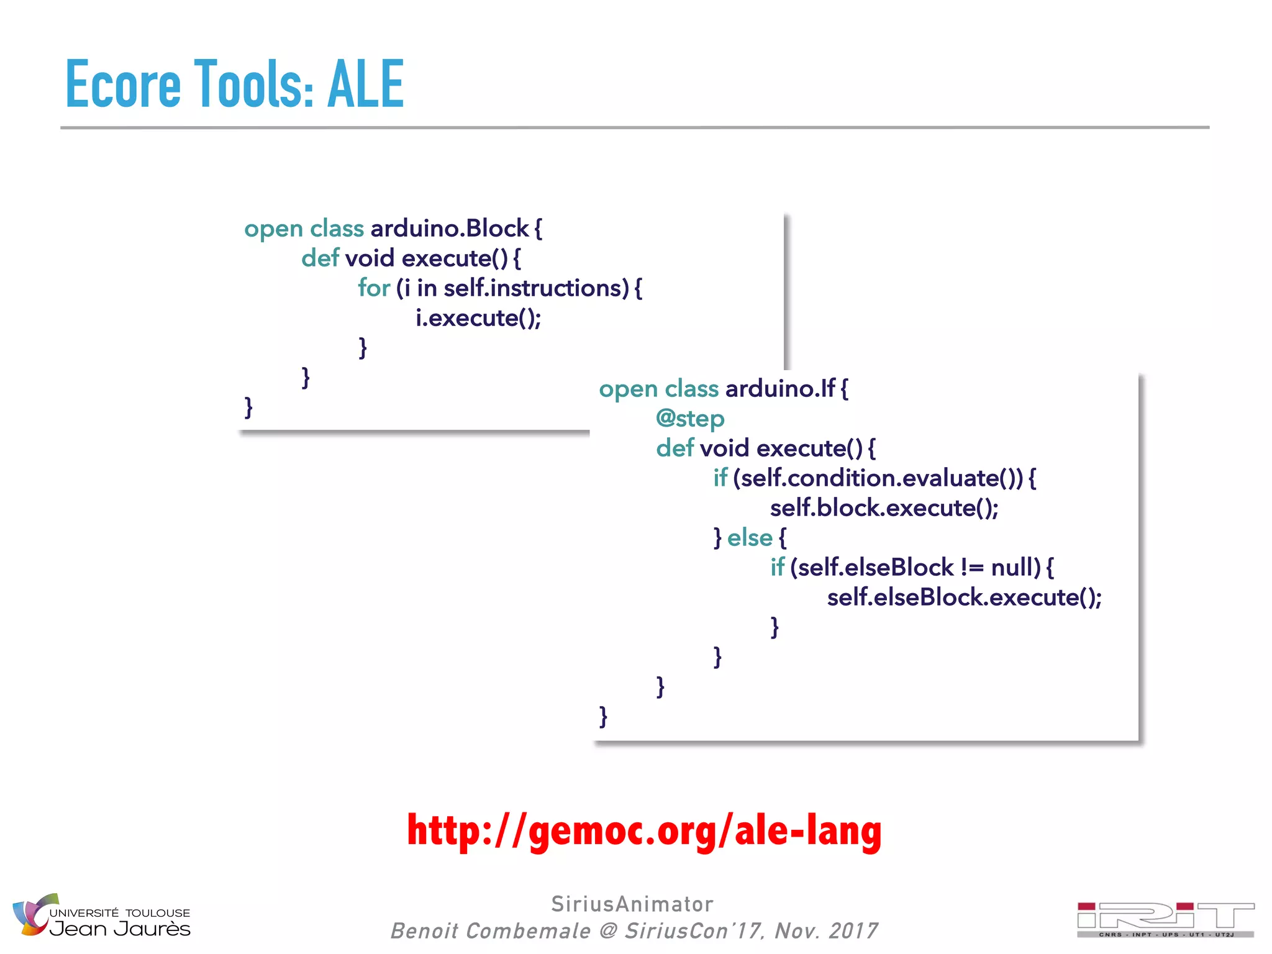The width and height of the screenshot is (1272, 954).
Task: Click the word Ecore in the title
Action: pyautogui.click(x=123, y=84)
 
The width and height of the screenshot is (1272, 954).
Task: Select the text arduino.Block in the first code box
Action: pyautogui.click(x=450, y=229)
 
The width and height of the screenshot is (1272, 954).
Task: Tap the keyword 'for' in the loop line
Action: pyautogui.click(x=373, y=288)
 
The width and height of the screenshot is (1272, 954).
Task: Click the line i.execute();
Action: pyautogui.click(x=478, y=318)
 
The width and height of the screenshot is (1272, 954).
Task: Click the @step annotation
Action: pyautogui.click(x=690, y=419)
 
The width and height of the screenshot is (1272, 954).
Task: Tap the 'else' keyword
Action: pyautogui.click(x=750, y=538)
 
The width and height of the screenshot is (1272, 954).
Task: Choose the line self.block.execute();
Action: pyautogui.click(x=884, y=508)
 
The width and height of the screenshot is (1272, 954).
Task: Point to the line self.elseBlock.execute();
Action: pyautogui.click(x=964, y=597)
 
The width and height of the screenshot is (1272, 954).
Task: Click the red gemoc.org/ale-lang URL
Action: pyautogui.click(x=644, y=831)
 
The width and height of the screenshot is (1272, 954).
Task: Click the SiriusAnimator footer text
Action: pyautogui.click(x=632, y=904)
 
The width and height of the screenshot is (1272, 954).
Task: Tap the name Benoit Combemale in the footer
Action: pyautogui.click(x=490, y=931)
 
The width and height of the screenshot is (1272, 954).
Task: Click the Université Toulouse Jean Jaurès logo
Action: pyautogui.click(x=101, y=917)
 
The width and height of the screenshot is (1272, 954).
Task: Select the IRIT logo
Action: pyautogui.click(x=1165, y=919)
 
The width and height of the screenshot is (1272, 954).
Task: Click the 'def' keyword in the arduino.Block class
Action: pyautogui.click(x=320, y=258)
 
